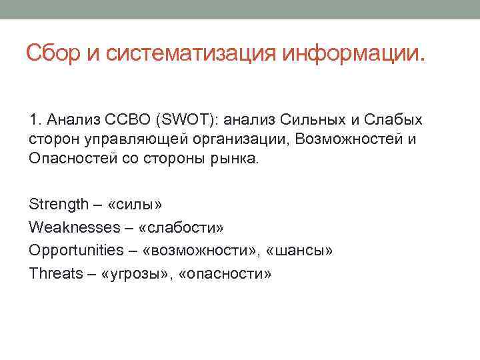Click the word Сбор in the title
pos(55,52)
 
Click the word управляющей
pos(125,140)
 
